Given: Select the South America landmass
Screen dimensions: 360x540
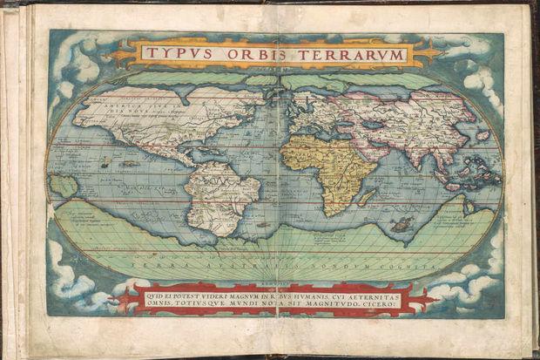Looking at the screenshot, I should pos(218,196).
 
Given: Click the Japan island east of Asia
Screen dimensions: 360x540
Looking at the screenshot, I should pos(482,135).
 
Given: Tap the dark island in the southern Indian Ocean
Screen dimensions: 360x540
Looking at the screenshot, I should pos(402,224).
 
